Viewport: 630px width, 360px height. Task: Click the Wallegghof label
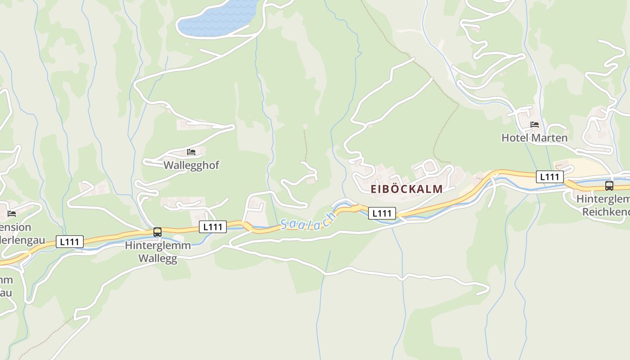(x=191, y=165)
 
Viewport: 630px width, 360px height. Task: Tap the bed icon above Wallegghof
(x=191, y=152)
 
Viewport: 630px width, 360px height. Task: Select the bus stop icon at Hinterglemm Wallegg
(x=157, y=232)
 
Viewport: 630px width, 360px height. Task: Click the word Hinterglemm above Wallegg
(x=157, y=246)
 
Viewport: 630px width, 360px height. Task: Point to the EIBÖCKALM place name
(x=407, y=189)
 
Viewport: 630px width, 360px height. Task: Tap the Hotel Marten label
(x=535, y=138)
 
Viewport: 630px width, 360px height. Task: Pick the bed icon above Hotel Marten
(x=535, y=125)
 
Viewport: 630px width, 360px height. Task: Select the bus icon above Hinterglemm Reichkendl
(x=609, y=185)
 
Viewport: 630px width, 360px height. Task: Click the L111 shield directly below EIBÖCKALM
(x=382, y=213)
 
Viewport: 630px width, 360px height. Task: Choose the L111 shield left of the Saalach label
(x=213, y=227)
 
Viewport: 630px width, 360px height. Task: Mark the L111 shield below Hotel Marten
(x=549, y=177)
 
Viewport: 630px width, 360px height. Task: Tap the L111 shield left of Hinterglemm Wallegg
(x=70, y=242)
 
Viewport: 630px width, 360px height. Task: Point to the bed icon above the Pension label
(x=12, y=213)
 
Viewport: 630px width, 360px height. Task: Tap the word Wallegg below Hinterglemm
(x=157, y=259)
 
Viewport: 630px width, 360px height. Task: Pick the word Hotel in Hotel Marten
(x=514, y=138)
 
